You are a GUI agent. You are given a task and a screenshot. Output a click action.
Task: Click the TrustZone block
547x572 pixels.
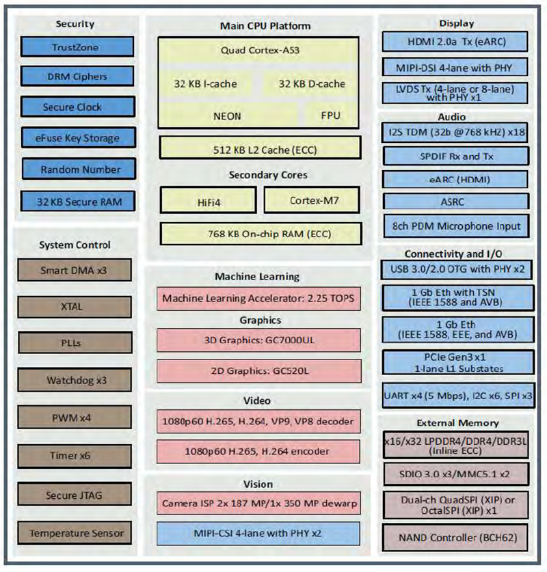75,47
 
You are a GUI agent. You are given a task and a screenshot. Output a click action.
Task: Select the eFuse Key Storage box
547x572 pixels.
75,138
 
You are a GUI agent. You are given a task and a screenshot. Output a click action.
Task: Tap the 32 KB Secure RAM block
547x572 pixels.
75,201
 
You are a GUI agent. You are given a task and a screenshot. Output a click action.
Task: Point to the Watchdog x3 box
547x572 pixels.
75,380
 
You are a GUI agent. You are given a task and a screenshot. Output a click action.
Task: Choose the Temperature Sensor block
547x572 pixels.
75,533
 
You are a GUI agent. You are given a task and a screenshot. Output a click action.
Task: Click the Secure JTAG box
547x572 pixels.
75,495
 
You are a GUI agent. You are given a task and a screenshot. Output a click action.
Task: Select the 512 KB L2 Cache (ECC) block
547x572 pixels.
260,147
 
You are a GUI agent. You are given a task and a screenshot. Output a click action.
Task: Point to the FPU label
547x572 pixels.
330,115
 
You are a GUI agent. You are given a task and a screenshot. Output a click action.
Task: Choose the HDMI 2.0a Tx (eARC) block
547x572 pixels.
455,42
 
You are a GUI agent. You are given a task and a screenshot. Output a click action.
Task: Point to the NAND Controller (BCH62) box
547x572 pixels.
455,537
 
